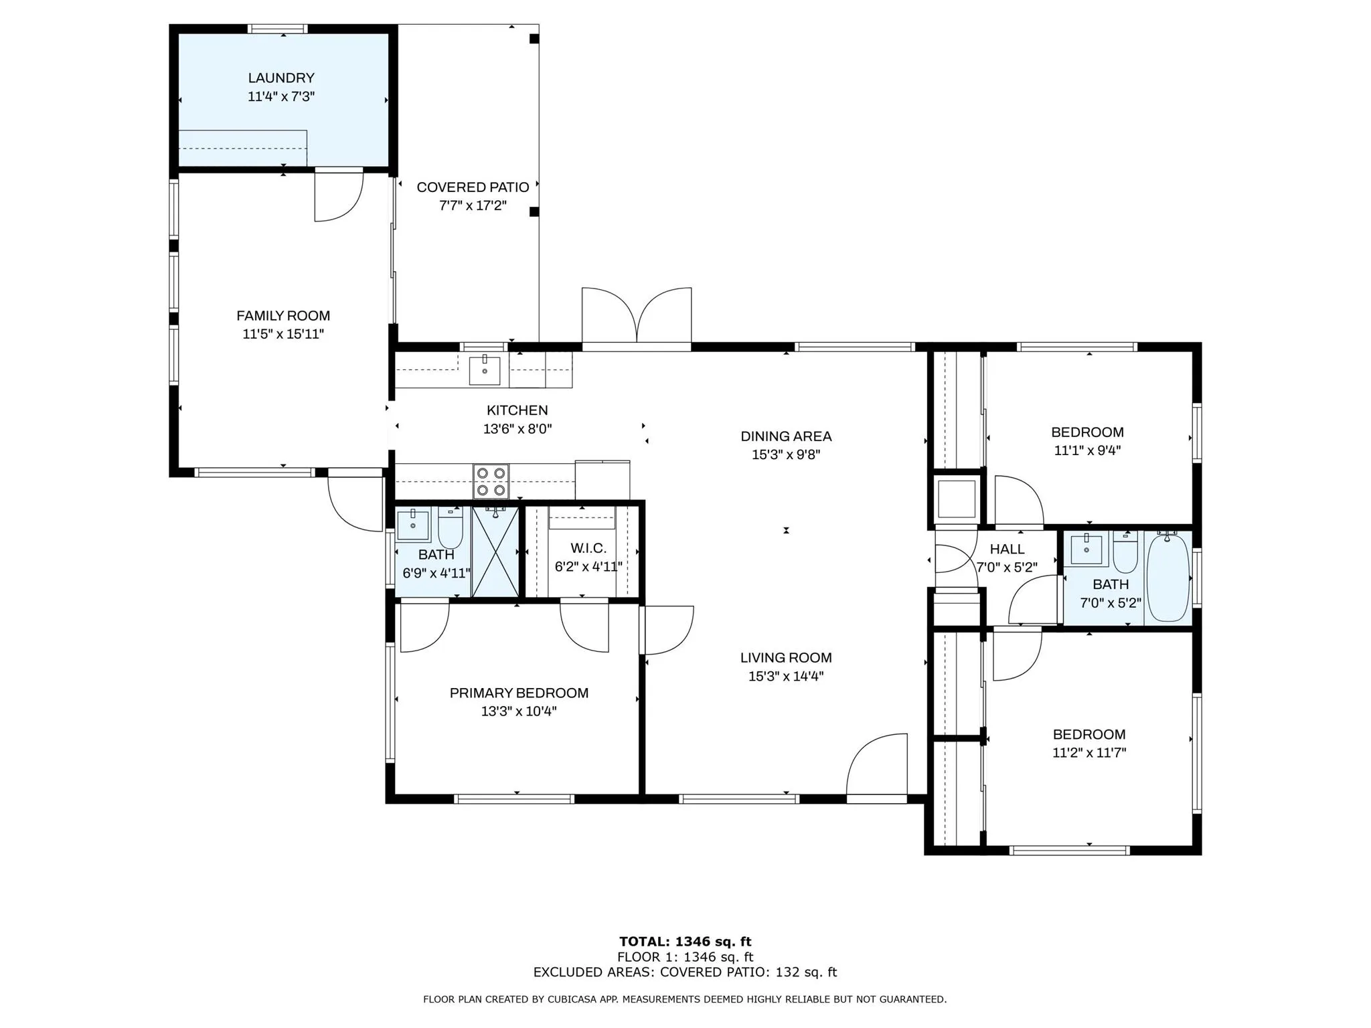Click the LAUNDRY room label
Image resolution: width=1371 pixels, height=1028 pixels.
281,78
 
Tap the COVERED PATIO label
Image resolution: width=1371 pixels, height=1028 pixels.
473,187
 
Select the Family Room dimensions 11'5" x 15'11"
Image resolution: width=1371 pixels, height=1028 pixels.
283,334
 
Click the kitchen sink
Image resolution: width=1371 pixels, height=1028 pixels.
484,371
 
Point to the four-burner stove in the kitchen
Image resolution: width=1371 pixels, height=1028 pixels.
491,481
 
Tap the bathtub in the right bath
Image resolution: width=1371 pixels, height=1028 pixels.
1168,577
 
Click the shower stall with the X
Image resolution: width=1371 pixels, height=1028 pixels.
495,551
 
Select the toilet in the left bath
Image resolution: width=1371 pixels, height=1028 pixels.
451,527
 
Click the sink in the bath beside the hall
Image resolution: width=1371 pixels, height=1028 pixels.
1086,549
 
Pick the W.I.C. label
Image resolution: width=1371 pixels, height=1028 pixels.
588,548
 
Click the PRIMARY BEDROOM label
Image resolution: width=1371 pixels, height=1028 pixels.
519,693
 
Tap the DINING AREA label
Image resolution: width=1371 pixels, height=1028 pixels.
786,436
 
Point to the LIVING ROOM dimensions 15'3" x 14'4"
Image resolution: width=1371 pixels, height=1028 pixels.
786,676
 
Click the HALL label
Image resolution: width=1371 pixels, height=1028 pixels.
1007,549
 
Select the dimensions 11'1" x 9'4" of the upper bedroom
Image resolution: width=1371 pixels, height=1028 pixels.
1087,450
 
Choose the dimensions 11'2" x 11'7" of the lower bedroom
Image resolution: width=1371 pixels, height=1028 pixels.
1089,752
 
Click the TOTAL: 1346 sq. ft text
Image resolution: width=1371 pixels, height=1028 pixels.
685,942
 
